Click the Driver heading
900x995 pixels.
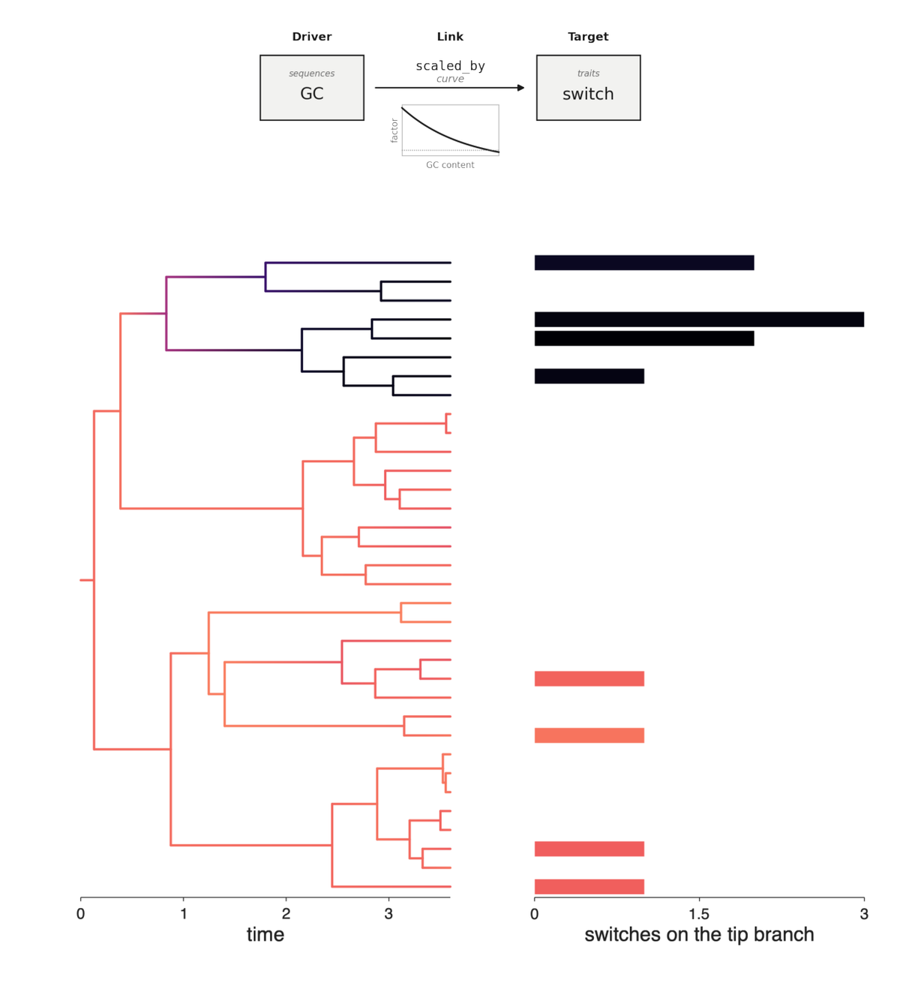click(311, 37)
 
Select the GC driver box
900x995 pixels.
click(312, 88)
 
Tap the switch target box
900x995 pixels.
click(588, 88)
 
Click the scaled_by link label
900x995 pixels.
click(450, 66)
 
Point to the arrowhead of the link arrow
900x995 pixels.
click(520, 88)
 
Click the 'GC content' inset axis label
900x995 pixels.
click(450, 164)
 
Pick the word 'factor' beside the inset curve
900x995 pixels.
click(394, 131)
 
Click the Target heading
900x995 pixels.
click(588, 37)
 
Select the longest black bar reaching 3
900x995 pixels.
click(699, 320)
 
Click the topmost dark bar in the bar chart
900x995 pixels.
click(644, 263)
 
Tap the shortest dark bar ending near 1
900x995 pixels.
click(589, 376)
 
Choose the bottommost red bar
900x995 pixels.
click(589, 886)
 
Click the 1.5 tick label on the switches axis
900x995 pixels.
click(699, 914)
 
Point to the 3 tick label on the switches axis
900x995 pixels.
click(864, 914)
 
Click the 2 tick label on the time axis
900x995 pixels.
click(286, 914)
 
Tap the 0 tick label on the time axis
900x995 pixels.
click(81, 914)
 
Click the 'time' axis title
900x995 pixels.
click(265, 935)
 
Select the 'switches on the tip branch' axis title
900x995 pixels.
click(699, 935)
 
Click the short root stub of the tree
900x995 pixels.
click(87, 580)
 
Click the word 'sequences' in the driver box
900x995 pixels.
click(312, 74)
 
